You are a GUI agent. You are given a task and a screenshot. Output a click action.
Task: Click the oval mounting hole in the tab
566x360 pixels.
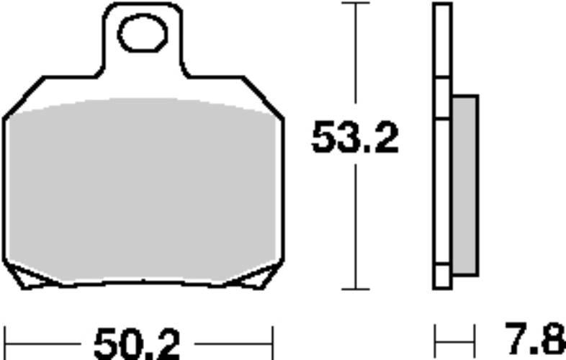[x=143, y=33]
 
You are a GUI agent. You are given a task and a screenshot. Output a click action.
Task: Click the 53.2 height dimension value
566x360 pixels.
[x=355, y=138]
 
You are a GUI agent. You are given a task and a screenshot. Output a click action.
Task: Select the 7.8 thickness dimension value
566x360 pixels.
[x=535, y=338]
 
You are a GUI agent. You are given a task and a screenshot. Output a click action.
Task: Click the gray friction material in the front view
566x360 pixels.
[x=143, y=189]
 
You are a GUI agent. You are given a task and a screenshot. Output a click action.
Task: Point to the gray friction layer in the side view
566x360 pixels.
[x=465, y=185]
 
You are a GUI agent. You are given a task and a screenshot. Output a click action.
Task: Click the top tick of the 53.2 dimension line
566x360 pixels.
[x=356, y=3]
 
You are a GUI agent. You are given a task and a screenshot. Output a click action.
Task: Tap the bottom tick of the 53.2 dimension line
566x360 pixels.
[x=356, y=289]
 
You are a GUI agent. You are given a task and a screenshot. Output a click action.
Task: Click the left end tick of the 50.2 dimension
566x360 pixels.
[x=6, y=343]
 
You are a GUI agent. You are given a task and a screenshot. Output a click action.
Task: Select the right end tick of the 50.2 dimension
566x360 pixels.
[x=273, y=343]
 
